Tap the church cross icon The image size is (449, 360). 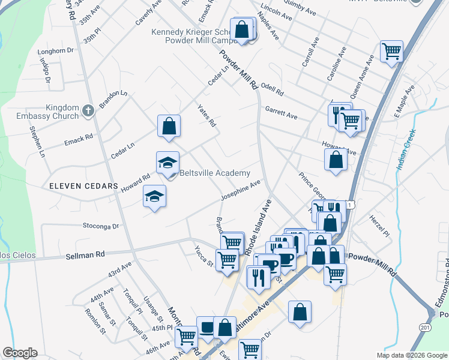tap(88, 110)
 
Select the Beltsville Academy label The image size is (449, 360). tap(215, 173)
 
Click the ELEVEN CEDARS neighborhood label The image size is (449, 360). tap(84, 187)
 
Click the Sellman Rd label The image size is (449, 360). tap(87, 254)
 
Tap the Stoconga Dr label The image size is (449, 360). tap(100, 227)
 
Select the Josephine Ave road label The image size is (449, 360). tap(240, 190)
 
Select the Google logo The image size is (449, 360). tap(19, 353)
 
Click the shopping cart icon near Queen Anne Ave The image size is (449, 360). tap(391, 51)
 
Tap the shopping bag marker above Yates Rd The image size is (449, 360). tap(169, 126)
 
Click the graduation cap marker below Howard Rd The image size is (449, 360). tap(155, 196)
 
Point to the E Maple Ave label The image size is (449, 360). tap(404, 102)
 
